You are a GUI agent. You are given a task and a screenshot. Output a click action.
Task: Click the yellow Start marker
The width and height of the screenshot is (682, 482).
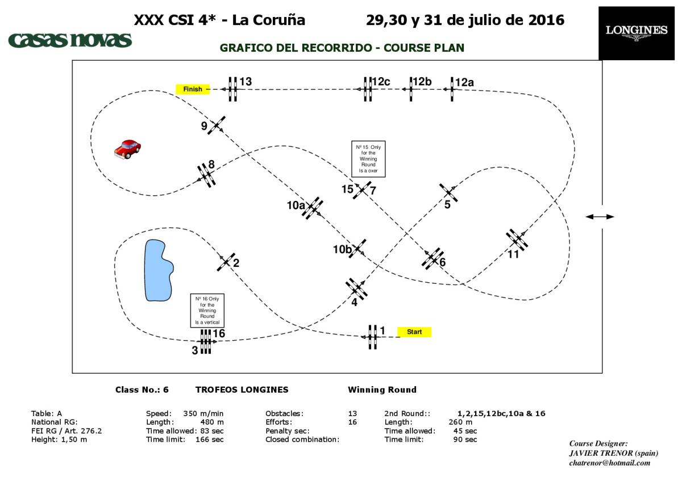point(414,332)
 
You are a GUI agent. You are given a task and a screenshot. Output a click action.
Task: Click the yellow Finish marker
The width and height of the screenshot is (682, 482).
point(193,89)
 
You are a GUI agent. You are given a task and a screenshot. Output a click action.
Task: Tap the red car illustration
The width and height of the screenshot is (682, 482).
point(127,149)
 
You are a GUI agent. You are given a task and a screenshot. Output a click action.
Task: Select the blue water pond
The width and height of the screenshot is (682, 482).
point(159,270)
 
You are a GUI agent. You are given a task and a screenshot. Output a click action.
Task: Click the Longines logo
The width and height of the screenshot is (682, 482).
point(637,33)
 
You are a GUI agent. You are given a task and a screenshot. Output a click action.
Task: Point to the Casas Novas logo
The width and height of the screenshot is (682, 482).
point(70,40)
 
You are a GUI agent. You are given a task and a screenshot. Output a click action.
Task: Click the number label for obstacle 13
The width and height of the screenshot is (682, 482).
point(246,82)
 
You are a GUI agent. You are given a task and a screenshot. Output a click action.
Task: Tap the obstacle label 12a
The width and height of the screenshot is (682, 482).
point(464,82)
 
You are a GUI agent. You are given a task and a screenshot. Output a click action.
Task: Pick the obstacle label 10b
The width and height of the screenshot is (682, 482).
point(342,249)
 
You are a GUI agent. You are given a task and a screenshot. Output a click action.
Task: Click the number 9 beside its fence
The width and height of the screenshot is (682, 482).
point(204,126)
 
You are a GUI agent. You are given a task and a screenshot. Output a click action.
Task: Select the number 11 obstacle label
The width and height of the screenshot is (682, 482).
point(513,254)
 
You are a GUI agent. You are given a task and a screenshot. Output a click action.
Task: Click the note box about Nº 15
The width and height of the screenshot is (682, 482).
point(368,159)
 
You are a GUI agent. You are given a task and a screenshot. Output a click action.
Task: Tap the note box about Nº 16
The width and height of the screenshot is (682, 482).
point(207,311)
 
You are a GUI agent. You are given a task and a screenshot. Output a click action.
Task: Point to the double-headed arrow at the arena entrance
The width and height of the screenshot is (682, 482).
point(600,217)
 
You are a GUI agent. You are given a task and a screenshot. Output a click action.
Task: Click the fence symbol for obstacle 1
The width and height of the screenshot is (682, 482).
point(372,337)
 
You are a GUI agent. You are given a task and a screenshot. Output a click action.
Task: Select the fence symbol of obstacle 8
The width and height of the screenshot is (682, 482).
point(206,175)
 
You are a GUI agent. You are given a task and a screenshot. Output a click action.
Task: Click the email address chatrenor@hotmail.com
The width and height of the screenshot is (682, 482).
point(609,463)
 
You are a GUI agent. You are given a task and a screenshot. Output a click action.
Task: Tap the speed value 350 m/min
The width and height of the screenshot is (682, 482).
point(203,413)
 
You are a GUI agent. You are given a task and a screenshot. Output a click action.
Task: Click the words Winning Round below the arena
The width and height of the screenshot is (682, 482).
point(382,389)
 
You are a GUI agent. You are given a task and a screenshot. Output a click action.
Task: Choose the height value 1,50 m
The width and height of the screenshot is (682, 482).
point(74,439)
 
